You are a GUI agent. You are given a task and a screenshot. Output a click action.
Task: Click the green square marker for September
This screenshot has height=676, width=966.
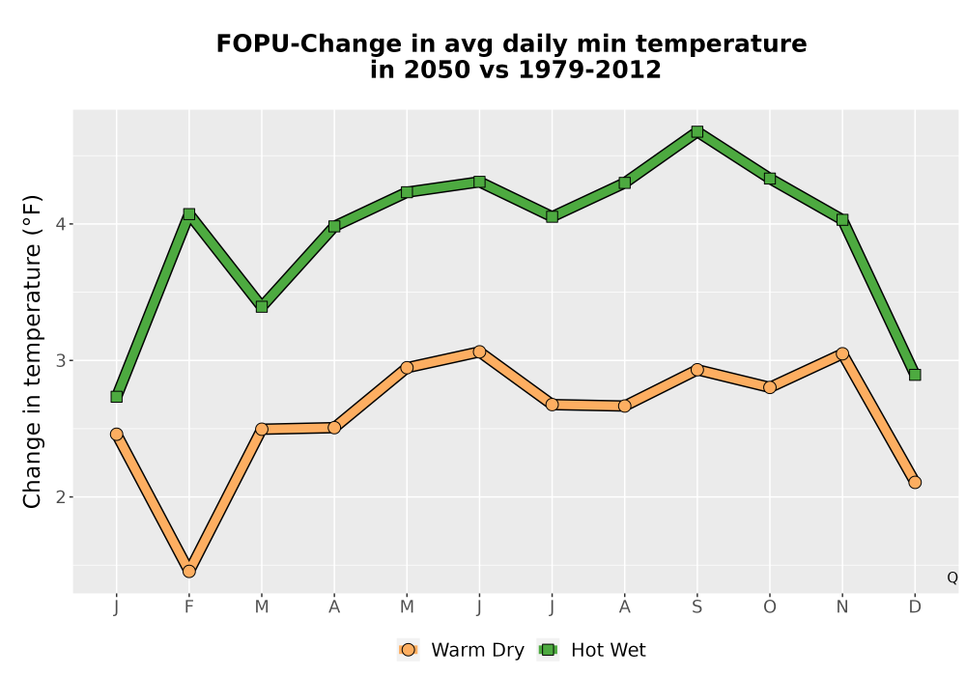(696, 131)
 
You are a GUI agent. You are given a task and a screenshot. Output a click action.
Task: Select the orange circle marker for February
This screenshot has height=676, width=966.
(189, 572)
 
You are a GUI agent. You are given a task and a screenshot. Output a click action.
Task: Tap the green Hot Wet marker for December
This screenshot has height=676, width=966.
(915, 375)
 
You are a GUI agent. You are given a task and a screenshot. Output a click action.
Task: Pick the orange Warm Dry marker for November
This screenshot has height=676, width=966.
(842, 353)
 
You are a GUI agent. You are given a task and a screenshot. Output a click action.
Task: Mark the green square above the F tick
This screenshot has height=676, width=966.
(189, 213)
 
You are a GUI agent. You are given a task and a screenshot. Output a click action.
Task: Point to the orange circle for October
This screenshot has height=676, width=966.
(770, 387)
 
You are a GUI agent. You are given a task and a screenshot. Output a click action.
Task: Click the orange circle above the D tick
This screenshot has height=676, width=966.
(915, 482)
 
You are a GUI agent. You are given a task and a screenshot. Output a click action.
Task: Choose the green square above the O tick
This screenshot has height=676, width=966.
(770, 179)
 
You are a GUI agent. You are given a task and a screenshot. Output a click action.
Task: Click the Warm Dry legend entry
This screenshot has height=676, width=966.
(461, 650)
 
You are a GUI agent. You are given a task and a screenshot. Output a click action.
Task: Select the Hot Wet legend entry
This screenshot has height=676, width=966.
(592, 650)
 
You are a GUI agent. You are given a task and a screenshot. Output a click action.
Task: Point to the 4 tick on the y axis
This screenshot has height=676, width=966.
(60, 224)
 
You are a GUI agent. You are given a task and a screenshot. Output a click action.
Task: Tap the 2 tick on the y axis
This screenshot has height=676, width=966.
(60, 496)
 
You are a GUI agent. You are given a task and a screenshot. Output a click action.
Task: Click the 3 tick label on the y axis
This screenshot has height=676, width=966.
(60, 361)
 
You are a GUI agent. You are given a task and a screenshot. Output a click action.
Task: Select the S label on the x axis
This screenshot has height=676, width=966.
(696, 607)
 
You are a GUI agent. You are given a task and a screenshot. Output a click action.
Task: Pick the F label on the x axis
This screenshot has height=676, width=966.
(189, 607)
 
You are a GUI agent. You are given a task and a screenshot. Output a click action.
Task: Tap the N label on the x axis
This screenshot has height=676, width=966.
(842, 607)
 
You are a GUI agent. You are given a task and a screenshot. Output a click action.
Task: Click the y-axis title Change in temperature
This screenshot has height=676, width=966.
(32, 352)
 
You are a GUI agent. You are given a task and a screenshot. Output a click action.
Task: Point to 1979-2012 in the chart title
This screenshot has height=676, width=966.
(589, 70)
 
